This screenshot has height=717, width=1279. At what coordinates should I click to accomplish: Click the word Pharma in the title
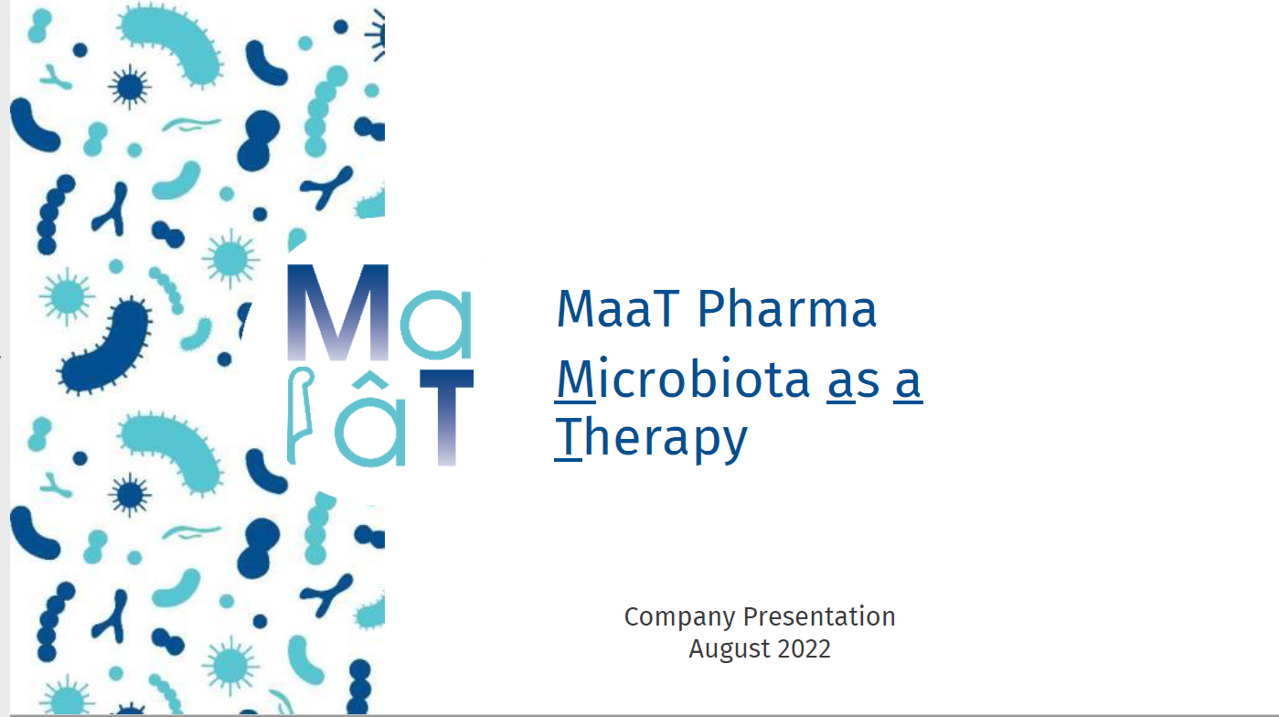coord(787,309)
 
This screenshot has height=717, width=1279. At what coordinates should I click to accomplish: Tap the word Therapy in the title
coord(652,438)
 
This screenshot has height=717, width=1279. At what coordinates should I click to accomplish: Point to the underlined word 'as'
coord(854,382)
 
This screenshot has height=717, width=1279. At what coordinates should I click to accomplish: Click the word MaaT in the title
coord(618,309)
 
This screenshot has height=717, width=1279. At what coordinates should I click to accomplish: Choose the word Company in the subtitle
coord(679,618)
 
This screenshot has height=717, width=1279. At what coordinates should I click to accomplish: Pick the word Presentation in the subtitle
coord(819,616)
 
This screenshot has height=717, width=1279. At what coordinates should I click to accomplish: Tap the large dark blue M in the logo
coord(337,312)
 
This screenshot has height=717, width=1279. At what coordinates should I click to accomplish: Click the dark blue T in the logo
coord(446,418)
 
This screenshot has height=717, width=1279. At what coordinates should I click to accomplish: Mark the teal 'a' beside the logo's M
coord(437,324)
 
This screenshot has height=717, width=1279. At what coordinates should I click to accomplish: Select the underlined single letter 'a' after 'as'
coord(908,382)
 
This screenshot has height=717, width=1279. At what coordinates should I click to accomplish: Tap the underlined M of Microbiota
coord(576,379)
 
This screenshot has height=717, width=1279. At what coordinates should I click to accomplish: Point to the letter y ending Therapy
coord(732,444)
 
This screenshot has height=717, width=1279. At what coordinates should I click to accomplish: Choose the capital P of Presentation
coord(751,616)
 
